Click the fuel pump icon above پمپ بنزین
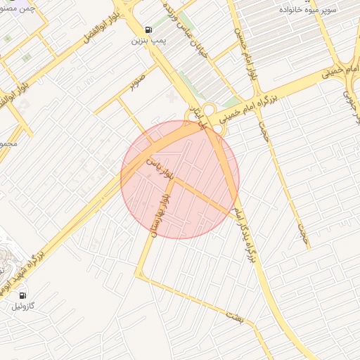(x=148, y=30)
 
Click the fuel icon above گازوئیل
(x=23, y=295)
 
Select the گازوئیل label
(x=23, y=307)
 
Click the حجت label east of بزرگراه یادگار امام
(x=303, y=229)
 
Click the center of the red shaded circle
(x=180, y=179)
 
